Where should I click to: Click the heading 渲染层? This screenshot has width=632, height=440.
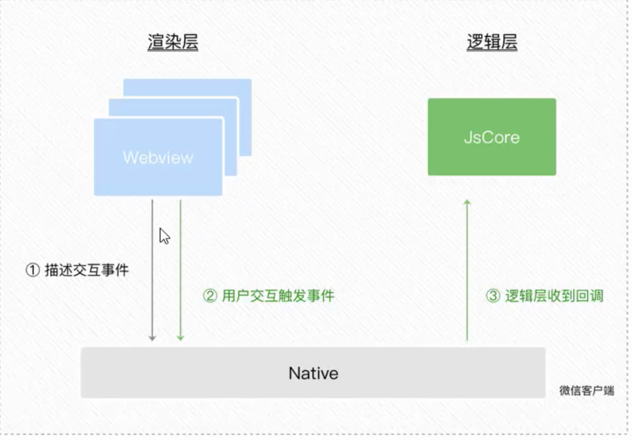tap(173, 43)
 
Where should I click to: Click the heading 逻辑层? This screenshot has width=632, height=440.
tap(492, 43)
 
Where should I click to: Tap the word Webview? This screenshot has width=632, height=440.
tap(158, 157)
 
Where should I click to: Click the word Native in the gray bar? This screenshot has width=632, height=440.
tap(313, 373)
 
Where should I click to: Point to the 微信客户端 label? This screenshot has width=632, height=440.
tap(586, 391)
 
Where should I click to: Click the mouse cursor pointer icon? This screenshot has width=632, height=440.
tap(164, 235)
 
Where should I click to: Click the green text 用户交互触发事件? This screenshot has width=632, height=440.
tap(278, 296)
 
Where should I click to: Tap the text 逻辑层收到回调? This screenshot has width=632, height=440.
tap(553, 296)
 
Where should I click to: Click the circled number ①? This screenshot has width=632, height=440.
tap(32, 270)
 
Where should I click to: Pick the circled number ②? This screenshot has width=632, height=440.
tap(210, 296)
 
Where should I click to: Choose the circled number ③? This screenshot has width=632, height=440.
tap(493, 296)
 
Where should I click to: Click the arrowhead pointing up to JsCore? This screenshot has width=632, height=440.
tap(467, 203)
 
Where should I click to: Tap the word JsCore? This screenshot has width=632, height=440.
tap(492, 138)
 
